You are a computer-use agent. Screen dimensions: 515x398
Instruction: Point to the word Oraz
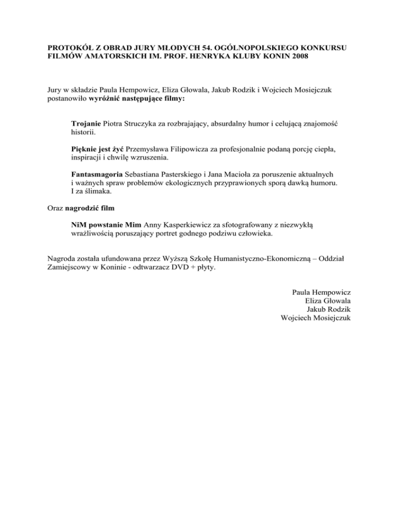click(x=50, y=208)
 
